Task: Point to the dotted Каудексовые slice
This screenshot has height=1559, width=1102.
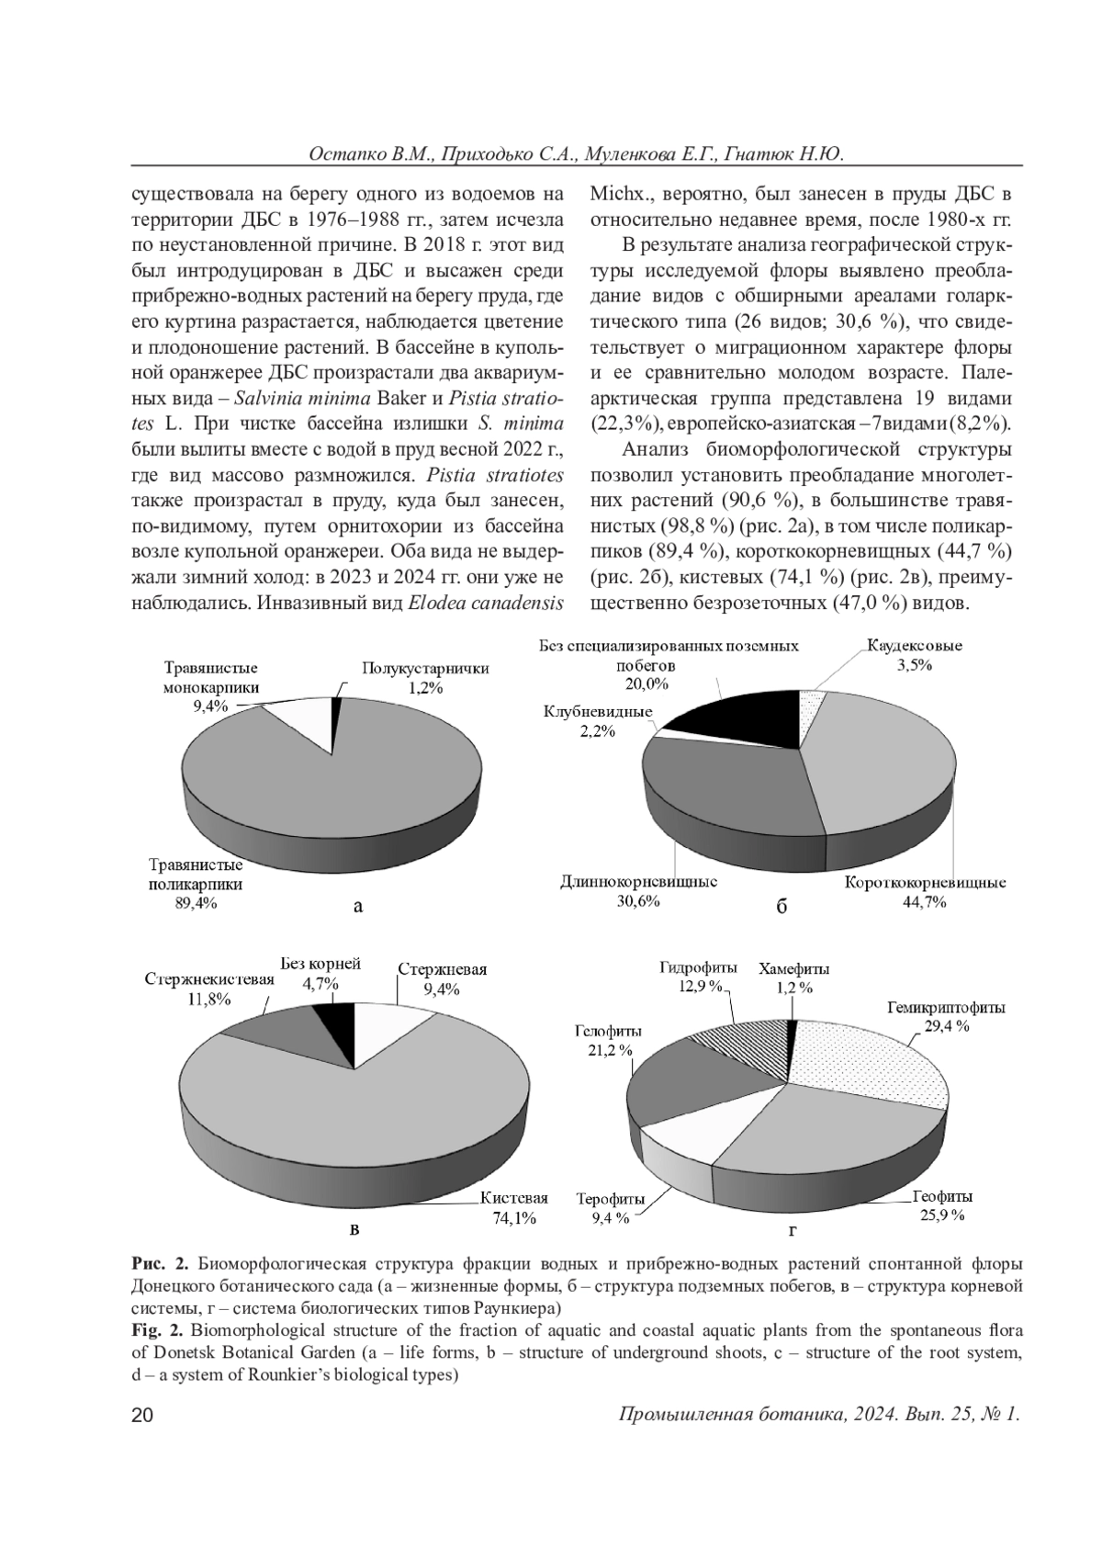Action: (x=810, y=712)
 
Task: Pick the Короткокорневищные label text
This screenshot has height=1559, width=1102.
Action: (x=925, y=882)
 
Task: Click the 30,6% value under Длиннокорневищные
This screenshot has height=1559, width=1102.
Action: (x=637, y=901)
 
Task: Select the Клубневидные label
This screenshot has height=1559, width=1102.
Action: (x=598, y=711)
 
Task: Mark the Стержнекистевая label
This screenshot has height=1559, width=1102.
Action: (x=208, y=978)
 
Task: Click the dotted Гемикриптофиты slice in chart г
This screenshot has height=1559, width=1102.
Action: (x=872, y=1066)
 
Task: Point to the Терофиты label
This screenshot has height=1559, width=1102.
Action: (x=610, y=1199)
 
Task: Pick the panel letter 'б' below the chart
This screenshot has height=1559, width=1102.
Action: (x=782, y=907)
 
